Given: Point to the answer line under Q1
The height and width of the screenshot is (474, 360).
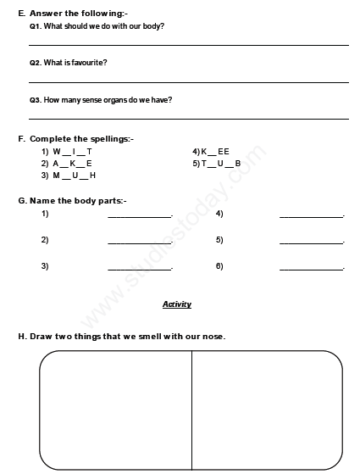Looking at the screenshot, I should click(188, 45).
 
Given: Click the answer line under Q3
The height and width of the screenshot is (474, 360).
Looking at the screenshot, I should click(188, 119).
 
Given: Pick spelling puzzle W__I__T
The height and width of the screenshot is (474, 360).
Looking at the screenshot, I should click(72, 151).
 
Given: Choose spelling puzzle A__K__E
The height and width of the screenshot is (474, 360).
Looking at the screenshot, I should click(72, 163).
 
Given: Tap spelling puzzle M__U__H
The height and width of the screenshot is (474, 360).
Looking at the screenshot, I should click(74, 175).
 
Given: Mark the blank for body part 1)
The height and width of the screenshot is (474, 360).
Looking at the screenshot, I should click(140, 217).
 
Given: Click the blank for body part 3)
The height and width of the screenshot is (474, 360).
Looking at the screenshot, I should click(140, 269).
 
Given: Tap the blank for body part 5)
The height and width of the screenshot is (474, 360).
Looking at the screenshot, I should click(312, 243).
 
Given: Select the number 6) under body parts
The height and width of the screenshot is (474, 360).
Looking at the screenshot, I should click(219, 265).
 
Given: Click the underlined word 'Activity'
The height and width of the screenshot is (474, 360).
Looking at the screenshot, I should click(177, 304).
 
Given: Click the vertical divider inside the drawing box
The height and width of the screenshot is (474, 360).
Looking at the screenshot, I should click(191, 407).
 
